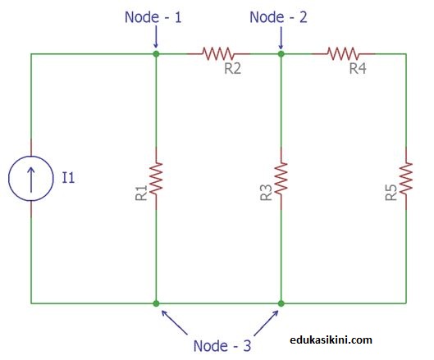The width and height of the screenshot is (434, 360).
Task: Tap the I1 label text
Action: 69,178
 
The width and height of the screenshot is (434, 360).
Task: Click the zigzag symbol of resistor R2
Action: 218,54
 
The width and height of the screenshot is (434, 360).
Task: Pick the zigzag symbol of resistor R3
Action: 281,178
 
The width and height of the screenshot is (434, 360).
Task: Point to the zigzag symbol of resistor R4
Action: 344,54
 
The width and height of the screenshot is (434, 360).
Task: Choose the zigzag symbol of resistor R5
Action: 406,178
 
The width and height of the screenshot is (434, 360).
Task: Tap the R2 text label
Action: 232,69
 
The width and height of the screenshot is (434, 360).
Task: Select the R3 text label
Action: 265,194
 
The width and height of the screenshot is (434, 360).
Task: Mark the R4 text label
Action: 358,69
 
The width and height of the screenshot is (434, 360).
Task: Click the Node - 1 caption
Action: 154,16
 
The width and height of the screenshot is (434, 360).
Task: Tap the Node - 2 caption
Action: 279,16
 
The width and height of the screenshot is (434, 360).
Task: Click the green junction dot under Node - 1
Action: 156,54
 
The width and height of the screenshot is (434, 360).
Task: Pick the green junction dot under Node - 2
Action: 281,54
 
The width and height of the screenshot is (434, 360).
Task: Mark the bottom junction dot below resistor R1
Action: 156,303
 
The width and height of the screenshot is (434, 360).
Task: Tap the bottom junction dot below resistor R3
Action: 281,303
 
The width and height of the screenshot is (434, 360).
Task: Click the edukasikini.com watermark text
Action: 331,339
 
